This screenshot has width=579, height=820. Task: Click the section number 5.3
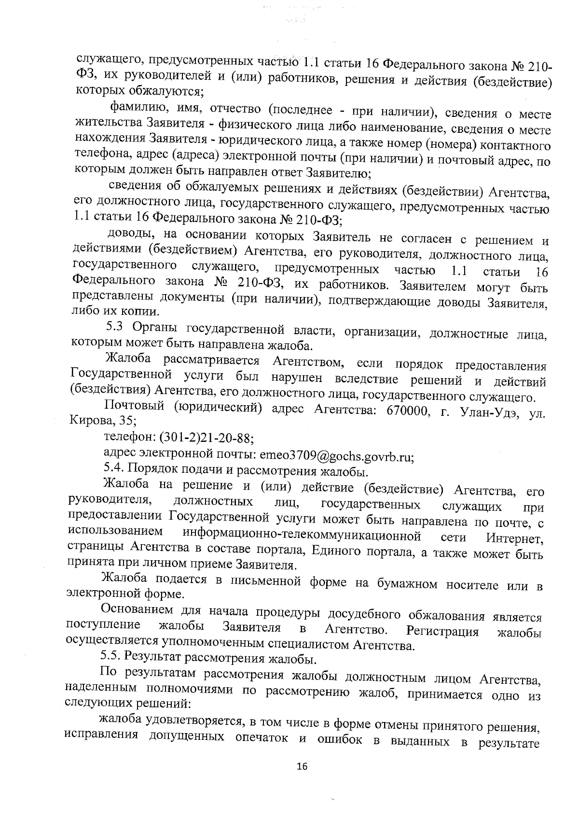point(115,327)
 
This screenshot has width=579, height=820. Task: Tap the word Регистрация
point(442,632)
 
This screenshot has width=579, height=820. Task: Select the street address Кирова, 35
point(103,420)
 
